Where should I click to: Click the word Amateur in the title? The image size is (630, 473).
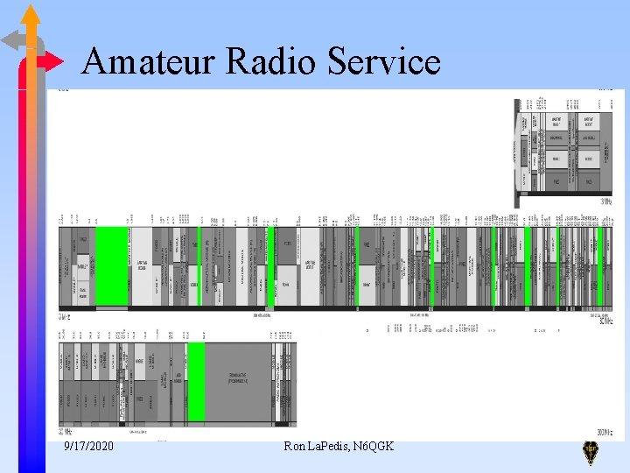pyautogui.click(x=148, y=61)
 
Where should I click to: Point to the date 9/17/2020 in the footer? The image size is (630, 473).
pyautogui.click(x=88, y=447)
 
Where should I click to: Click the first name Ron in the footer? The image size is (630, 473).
pyautogui.click(x=295, y=447)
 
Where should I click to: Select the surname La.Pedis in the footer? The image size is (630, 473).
pyautogui.click(x=331, y=447)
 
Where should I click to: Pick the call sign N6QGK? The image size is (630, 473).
pyautogui.click(x=374, y=447)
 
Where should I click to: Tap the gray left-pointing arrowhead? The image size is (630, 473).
pyautogui.click(x=11, y=39)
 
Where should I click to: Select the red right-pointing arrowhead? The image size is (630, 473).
pyautogui.click(x=54, y=61)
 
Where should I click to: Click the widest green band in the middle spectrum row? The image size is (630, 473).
pyautogui.click(x=111, y=265)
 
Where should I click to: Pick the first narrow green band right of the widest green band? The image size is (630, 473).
pyautogui.click(x=199, y=265)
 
